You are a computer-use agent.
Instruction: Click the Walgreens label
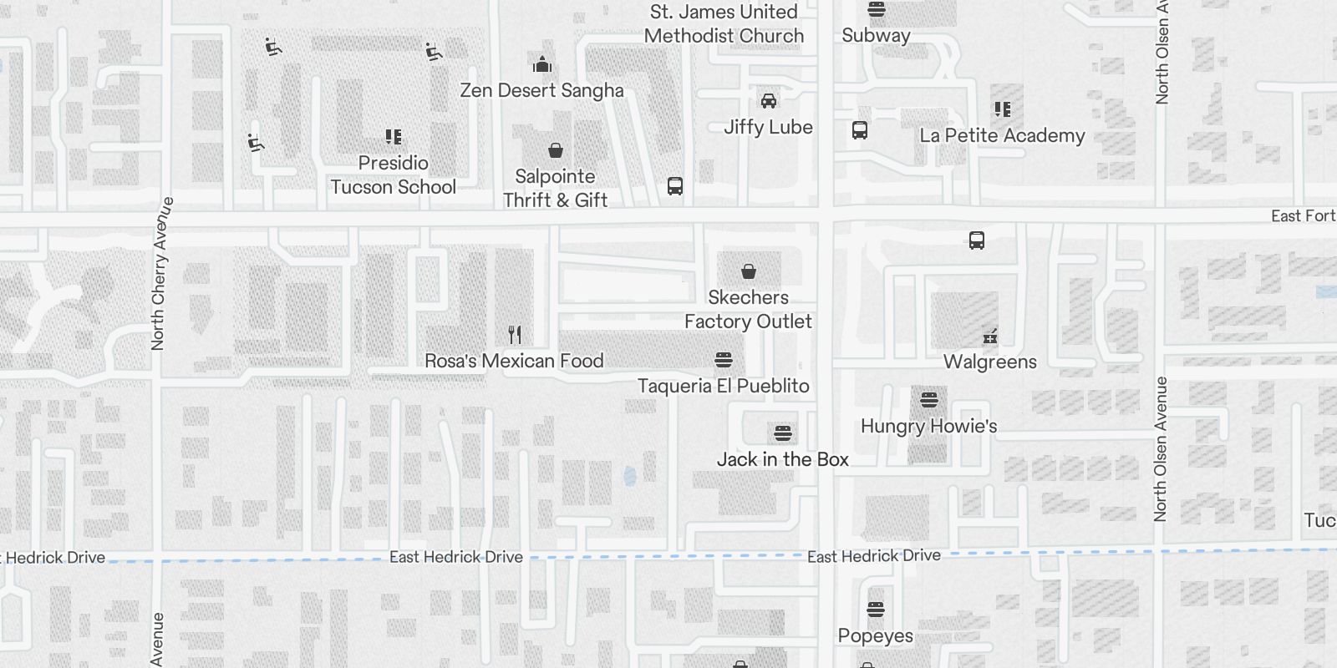click(x=989, y=362)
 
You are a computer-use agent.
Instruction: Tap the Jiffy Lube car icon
click(x=768, y=101)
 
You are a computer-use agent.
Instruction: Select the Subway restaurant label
click(x=876, y=35)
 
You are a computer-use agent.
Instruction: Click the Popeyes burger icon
click(x=875, y=610)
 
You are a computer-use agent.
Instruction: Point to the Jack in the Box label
click(x=782, y=459)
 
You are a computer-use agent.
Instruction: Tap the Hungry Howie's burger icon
click(x=928, y=399)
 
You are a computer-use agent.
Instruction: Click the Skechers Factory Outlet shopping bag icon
click(x=749, y=271)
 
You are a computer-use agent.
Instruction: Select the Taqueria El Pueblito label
click(x=723, y=386)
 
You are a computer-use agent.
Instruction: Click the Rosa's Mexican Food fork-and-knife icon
click(x=515, y=335)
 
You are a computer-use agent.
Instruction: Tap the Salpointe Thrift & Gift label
click(x=555, y=188)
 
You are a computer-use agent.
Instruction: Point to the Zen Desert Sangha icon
click(x=542, y=64)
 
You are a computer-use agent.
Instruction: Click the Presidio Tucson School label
click(x=393, y=175)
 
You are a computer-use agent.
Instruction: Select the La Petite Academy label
click(x=1002, y=135)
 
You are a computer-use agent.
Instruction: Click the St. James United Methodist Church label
click(x=724, y=23)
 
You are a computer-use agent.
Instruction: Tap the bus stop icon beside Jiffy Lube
click(x=859, y=130)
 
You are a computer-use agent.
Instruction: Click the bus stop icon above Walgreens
click(x=976, y=240)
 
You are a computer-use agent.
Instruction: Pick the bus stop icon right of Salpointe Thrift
click(x=675, y=186)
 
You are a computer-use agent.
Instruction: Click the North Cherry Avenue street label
click(x=159, y=273)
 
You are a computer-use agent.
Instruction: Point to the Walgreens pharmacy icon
click(x=990, y=337)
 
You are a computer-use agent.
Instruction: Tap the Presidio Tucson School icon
click(x=394, y=136)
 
